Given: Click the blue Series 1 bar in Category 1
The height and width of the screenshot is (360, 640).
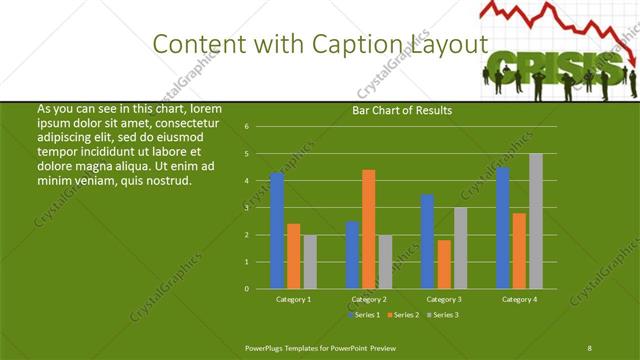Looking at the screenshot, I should coord(277,231).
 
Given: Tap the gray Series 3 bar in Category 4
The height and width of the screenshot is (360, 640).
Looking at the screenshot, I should coord(536,221).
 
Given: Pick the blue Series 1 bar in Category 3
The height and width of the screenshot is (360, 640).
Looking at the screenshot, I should coord(428,241).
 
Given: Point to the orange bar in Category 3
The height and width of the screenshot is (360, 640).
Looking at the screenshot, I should coord(444,264).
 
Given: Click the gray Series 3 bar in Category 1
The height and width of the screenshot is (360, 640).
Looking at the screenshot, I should coord(310,262).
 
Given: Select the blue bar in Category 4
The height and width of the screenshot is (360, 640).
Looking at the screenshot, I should coord(503,228).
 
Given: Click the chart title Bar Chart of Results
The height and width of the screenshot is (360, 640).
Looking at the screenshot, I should coord(401,110).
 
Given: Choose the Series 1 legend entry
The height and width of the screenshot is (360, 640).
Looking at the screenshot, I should coord(365,315).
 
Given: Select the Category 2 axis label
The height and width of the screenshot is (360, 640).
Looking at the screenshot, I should coord(369,299).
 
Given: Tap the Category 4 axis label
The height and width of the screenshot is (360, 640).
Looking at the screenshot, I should coord(519,299).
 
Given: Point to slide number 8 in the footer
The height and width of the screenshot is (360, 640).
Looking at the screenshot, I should coord(589,347).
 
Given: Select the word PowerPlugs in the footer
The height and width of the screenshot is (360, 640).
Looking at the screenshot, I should coord(267,347).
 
